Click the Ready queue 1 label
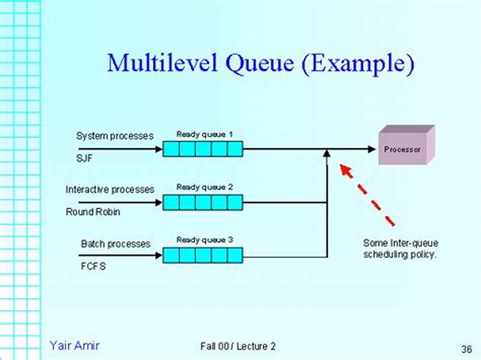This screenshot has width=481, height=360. pos(204,134)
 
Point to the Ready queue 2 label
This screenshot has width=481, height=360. pos(204,187)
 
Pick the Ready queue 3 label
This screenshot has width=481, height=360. pos(204,240)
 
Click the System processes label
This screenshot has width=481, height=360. pos(115,136)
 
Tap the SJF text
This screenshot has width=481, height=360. pos(84,159)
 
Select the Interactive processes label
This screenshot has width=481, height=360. pos(110,189)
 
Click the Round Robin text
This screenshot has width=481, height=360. pos(93,212)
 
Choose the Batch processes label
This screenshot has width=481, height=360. pos(115,244)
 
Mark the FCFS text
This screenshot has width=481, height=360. pos(93,266)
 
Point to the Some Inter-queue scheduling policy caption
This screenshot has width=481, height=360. pos(400,248)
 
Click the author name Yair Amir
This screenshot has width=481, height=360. pos(75,346)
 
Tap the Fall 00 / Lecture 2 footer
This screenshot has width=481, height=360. pos(238,347)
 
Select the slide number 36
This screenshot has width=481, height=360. pos(466,349)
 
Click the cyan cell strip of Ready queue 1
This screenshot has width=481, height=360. pos(203,149)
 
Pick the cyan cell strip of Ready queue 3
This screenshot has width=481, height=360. pos(203,255)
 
